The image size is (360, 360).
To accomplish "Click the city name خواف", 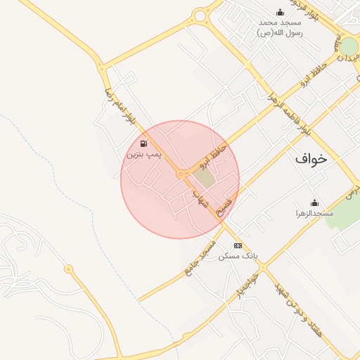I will pyautogui.click(x=311, y=159).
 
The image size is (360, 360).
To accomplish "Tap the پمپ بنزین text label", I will pyautogui.click(x=144, y=152).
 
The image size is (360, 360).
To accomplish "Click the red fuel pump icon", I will pyautogui.click(x=144, y=141).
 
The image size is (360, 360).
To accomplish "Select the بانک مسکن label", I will pyautogui.click(x=238, y=256).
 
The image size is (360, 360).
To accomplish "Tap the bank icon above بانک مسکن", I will pyautogui.click(x=238, y=245).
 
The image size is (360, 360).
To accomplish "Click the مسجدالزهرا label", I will pyautogui.click(x=314, y=212).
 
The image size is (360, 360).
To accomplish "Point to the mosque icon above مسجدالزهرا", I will pyautogui.click(x=314, y=202).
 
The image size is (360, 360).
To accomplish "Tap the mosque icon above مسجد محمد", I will pyautogui.click(x=280, y=12).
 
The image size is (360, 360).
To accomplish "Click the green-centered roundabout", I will pyautogui.click(x=349, y=47).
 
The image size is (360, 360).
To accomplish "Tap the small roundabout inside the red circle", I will pyautogui.click(x=181, y=174).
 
